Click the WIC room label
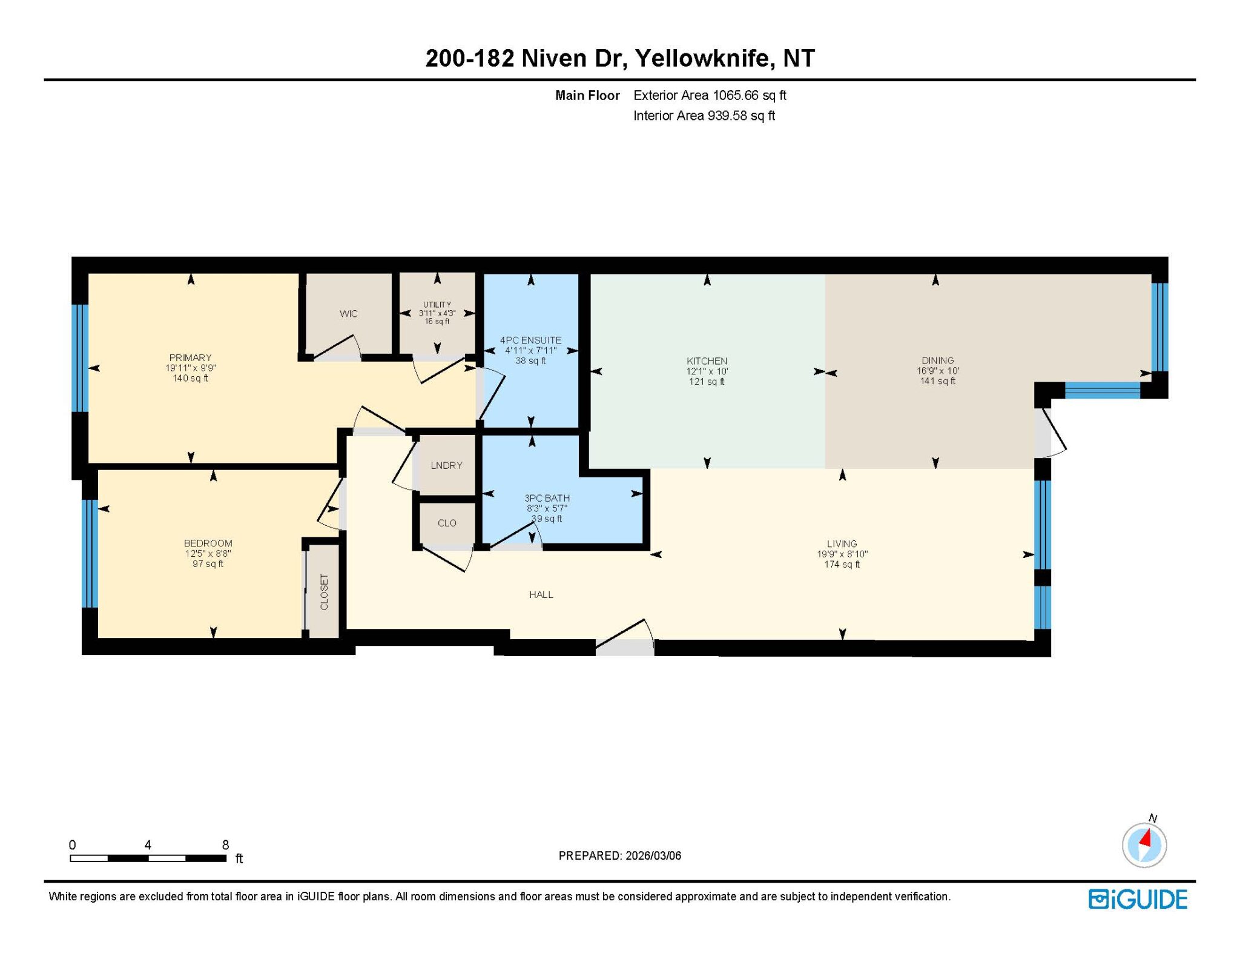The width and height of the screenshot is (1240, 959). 349,314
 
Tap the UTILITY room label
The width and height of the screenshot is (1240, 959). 437,305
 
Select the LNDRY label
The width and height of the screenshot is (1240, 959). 447,465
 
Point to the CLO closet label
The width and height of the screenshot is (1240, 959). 447,523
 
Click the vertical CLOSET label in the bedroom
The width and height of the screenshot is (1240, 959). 324,592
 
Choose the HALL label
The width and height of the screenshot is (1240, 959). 541,595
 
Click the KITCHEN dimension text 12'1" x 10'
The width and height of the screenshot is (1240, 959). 707,371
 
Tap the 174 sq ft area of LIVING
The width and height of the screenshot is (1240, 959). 842,565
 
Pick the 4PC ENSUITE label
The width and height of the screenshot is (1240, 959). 530,340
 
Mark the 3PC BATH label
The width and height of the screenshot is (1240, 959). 547,498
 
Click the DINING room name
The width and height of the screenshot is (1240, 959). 938,360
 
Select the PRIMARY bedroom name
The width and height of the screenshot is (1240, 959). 191,358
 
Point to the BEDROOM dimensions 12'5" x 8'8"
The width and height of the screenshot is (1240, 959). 208,554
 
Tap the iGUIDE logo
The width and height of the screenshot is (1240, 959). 1138,899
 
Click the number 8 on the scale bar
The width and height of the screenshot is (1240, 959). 225,845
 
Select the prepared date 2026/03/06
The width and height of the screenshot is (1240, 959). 653,855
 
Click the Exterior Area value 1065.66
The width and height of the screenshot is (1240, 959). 736,95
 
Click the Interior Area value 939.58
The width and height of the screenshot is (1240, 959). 727,116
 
